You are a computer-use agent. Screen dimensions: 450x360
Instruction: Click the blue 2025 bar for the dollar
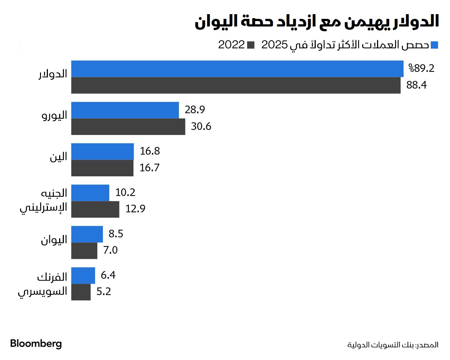[237, 69]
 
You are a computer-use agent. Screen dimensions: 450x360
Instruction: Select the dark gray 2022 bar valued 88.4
[236, 85]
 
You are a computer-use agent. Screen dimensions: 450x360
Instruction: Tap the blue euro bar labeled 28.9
[125, 110]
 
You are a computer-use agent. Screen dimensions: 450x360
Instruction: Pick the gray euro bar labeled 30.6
[128, 127]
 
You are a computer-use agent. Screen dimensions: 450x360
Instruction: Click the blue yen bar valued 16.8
[102, 152]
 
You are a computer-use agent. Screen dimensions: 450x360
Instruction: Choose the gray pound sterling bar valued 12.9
[95, 209]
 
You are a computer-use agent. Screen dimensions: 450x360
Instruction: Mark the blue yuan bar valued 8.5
[87, 234]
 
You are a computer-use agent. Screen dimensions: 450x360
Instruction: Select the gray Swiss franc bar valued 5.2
[81, 292]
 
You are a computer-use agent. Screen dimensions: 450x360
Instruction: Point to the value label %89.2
[421, 68]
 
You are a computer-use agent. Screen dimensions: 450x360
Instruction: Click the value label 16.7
[150, 168]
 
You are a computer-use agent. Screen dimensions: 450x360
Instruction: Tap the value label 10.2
[125, 192]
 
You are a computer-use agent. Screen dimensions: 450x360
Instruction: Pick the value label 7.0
[110, 250]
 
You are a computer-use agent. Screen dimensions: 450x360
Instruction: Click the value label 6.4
[108, 275]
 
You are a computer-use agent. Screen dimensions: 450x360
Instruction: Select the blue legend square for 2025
[434, 45]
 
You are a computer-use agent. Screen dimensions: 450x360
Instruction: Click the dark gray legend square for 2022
[251, 45]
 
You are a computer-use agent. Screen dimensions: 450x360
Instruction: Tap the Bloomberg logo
[36, 344]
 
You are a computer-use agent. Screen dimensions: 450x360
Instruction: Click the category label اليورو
[54, 115]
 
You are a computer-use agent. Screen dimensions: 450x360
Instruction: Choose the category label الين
[58, 157]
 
